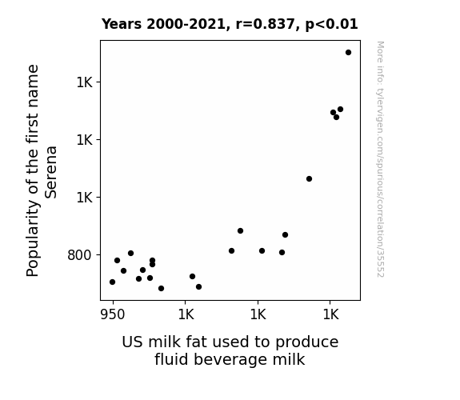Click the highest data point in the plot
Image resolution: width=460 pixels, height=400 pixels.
pos(348,53)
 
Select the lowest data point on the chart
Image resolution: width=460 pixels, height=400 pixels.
pos(161,289)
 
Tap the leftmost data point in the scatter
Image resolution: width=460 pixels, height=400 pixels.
pos(112,282)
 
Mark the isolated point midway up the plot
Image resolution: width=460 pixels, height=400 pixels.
pos(309,178)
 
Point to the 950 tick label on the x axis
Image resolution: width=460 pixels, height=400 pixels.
pos(113,315)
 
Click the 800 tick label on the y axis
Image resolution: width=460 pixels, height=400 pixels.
pos(79,255)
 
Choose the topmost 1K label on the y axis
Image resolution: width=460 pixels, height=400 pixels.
pos(85,82)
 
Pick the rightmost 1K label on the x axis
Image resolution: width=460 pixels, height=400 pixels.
pos(330,315)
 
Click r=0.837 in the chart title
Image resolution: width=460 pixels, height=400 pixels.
pos(265,24)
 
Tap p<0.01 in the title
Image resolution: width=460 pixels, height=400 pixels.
pos(331,24)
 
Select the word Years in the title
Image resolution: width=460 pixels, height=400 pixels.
pos(122,24)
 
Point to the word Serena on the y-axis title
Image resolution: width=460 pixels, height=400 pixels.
pos(51,172)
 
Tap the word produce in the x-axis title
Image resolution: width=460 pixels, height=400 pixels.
pos(307,342)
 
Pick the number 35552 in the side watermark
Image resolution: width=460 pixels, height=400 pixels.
pos(381,263)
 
